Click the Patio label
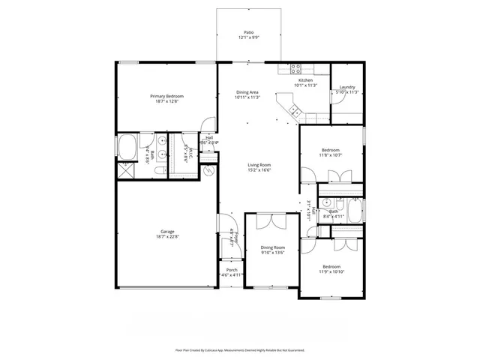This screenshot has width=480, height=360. coord(248,33)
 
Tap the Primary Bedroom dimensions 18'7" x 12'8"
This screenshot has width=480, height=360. coord(166,101)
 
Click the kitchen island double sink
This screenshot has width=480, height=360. coord(295,112)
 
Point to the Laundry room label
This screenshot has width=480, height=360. coord(346,87)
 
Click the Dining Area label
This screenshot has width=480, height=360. coord(247,91)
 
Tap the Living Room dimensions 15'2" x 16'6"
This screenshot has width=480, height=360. coord(259,170)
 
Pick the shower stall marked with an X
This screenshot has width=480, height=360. coord(124,170)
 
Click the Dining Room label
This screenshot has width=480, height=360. coord(272,247)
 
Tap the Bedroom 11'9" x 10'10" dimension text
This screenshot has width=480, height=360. coord(331,272)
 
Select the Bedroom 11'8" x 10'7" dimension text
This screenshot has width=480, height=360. coord(331,155)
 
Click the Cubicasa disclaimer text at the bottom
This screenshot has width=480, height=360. coord(240,349)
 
